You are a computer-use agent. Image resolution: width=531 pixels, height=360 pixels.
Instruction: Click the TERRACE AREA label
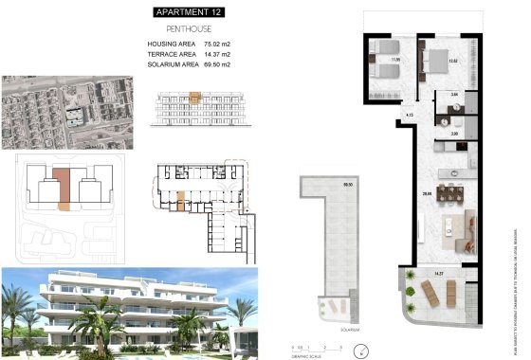[x=171, y=56]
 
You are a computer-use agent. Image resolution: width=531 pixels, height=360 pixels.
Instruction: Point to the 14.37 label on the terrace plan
[x=438, y=275]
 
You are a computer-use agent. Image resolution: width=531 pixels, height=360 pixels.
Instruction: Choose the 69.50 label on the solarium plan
[x=346, y=185]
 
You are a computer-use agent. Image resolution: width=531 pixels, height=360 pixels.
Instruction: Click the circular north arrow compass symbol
[x=360, y=350]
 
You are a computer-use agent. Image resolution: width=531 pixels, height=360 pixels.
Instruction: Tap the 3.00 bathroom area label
[x=453, y=135]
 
